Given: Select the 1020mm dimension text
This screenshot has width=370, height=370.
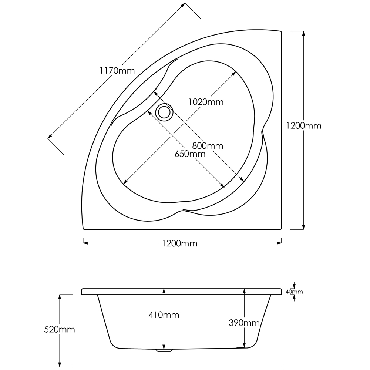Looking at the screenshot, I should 206,102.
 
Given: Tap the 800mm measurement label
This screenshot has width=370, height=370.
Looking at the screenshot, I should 208,146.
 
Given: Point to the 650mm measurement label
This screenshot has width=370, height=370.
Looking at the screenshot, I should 190,154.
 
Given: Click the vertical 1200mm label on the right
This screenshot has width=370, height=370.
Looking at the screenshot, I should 304,125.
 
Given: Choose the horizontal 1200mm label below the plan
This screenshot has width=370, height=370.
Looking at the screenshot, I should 180,243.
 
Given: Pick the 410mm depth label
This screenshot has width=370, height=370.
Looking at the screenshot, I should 164,315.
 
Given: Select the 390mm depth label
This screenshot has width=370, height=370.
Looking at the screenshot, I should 244,323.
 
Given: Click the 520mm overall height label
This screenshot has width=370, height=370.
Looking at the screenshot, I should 60,329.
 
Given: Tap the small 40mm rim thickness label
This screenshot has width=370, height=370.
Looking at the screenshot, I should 294,292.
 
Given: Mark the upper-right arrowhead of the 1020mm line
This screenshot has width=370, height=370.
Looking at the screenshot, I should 234,73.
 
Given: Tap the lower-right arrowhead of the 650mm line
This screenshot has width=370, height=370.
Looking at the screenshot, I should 223,186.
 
